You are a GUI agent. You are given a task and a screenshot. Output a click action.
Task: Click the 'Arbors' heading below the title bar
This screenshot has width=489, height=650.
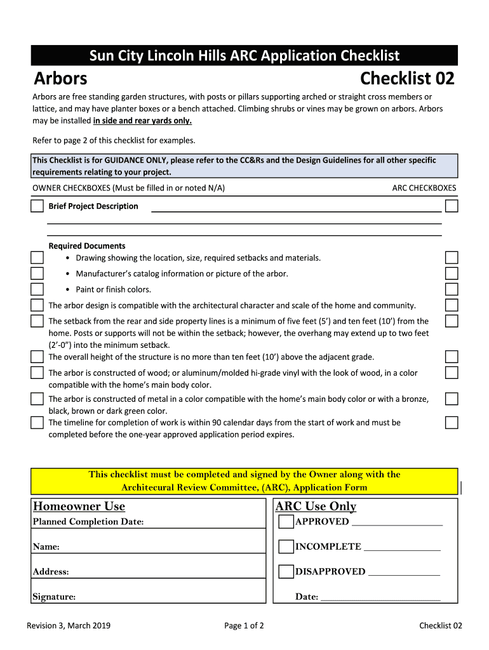point(60,79)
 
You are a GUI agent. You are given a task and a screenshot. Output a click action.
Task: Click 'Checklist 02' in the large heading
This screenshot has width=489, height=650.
point(407,79)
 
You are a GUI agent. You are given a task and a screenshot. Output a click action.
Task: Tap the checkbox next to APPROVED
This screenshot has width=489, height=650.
point(286,522)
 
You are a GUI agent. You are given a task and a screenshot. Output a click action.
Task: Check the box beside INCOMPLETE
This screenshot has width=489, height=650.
point(286,547)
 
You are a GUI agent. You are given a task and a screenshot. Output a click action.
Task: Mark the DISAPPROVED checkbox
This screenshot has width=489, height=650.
point(286,571)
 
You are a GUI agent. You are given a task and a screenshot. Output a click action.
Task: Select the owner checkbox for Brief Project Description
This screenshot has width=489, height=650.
point(37,206)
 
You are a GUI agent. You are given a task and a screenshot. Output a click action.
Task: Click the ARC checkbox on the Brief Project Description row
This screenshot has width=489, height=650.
point(452,206)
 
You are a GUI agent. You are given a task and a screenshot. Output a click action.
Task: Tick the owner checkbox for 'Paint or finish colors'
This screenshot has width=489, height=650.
point(37,289)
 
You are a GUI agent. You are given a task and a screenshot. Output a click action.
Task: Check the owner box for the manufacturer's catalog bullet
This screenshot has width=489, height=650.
point(37,274)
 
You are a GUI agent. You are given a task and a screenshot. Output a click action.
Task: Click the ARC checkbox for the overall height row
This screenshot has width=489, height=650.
point(452,357)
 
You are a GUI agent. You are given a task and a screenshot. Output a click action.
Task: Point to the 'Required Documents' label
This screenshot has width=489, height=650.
point(87,246)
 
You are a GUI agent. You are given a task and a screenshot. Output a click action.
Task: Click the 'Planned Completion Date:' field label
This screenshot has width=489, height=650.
point(88,522)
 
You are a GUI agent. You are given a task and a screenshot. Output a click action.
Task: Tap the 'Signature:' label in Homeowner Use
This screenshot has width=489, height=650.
point(55,597)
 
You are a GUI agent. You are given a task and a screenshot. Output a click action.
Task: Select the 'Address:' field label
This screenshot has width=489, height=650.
point(51,572)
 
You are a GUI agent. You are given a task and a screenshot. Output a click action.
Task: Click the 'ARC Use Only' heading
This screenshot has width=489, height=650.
point(316,507)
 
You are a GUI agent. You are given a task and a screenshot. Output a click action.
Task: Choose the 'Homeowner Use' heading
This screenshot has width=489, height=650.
point(79,507)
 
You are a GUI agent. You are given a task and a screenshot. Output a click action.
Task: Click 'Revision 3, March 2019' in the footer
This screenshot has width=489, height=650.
point(69,626)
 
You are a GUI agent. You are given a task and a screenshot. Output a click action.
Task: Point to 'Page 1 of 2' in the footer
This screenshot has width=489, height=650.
point(245,626)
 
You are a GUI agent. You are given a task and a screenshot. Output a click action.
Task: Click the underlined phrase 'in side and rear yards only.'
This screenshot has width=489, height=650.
point(142,121)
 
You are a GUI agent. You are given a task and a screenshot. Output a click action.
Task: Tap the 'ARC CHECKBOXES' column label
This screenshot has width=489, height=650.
point(424,188)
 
